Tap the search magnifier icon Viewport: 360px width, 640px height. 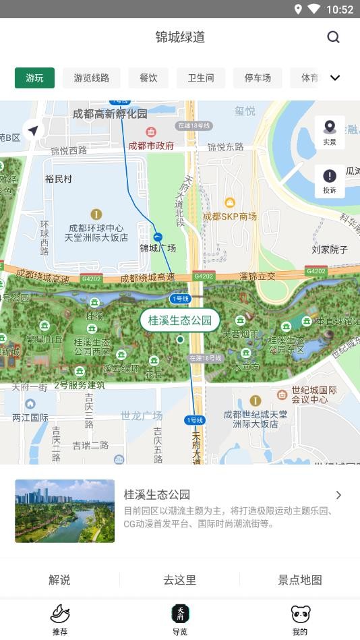tap(333, 37)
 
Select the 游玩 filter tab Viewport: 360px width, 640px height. tap(34, 78)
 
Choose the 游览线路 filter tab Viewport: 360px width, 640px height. tap(91, 78)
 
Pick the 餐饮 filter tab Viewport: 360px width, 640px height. tap(148, 78)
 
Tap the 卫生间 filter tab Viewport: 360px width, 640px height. tap(200, 78)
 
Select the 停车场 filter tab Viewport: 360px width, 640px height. tap(258, 78)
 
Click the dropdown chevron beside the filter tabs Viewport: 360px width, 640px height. tap(335, 78)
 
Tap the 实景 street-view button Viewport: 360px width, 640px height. tap(330, 132)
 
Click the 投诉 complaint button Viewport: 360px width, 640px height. tap(330, 181)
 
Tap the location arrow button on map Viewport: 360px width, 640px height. tap(32, 130)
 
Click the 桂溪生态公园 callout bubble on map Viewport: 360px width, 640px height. tap(180, 320)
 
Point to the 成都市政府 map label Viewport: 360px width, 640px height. tap(151, 145)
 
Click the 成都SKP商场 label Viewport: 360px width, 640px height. tap(230, 216)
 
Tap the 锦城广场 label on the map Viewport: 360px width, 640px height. tap(158, 248)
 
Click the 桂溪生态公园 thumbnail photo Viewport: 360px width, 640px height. tap(65, 511)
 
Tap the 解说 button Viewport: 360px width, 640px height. tap(59, 579)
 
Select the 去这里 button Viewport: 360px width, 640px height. tap(180, 579)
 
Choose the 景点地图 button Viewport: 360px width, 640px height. tap(300, 579)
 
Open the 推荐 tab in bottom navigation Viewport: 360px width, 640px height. tap(60, 619)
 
